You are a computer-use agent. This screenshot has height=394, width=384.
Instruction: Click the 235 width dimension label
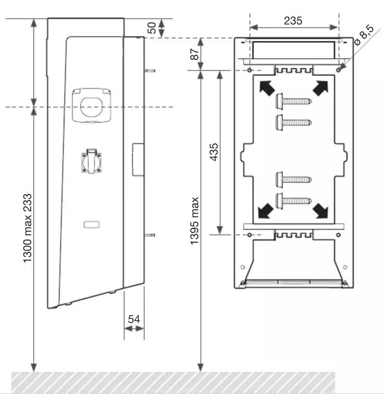293,21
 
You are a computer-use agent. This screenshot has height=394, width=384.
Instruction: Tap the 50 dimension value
152,28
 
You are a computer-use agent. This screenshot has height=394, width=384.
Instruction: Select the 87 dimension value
195,54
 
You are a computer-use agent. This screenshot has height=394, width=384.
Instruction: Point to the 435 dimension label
214,152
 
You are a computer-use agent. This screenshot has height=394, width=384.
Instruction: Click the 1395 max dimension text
194,221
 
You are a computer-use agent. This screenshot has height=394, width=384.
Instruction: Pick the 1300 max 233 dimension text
27,228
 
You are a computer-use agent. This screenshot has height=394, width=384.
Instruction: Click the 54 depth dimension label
134,319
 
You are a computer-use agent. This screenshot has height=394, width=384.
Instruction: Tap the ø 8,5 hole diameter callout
364,35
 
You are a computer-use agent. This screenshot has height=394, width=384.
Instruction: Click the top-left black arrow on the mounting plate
267,88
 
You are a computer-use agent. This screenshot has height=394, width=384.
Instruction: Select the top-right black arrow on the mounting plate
321,88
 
